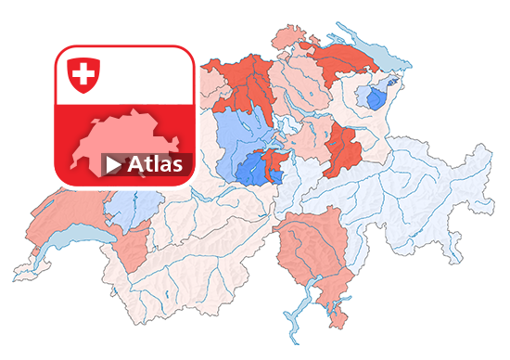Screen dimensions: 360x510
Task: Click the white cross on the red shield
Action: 83,73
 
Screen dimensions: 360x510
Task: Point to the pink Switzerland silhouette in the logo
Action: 130,139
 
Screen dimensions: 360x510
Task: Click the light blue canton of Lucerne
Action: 236,135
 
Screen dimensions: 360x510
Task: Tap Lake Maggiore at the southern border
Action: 295,306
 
